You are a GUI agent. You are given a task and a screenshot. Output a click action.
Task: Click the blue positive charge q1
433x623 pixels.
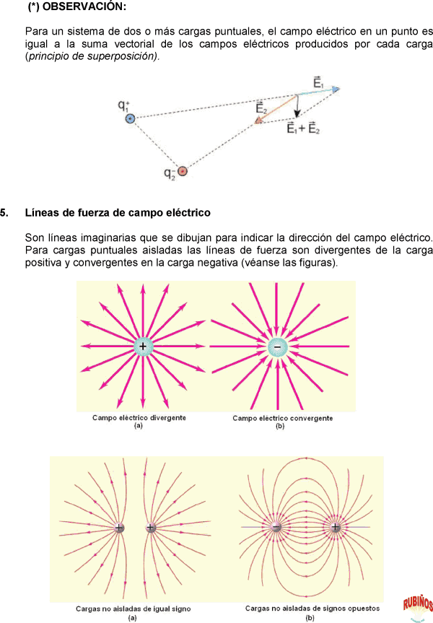click(x=130, y=118)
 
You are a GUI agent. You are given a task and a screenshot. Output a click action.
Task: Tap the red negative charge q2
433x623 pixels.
click(x=183, y=171)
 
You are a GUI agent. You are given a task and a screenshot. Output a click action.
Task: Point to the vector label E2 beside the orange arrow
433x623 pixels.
click(x=262, y=108)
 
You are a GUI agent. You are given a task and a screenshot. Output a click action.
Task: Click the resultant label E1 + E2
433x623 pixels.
click(x=303, y=129)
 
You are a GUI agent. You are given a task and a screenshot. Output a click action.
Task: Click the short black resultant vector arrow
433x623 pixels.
click(x=297, y=107)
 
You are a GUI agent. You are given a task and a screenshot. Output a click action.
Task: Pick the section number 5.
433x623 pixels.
click(x=5, y=213)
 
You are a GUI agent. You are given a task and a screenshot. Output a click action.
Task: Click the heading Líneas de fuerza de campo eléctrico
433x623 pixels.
click(x=118, y=213)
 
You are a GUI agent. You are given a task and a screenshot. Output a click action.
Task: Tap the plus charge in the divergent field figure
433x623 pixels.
click(x=143, y=347)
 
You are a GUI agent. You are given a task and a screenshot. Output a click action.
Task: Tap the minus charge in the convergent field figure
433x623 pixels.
click(x=277, y=347)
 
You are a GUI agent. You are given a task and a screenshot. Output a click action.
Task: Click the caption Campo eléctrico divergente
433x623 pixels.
click(x=139, y=418)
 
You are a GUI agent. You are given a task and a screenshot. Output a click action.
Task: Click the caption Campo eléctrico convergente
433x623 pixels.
click(x=282, y=418)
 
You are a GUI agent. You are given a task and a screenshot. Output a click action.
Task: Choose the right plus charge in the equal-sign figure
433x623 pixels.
click(x=151, y=528)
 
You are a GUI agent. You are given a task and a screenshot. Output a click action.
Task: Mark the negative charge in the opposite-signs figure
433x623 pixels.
click(x=276, y=528)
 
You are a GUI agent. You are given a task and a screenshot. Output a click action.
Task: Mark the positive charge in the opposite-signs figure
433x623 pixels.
click(x=336, y=528)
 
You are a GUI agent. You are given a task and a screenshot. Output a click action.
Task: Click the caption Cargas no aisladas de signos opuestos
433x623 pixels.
click(x=309, y=609)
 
